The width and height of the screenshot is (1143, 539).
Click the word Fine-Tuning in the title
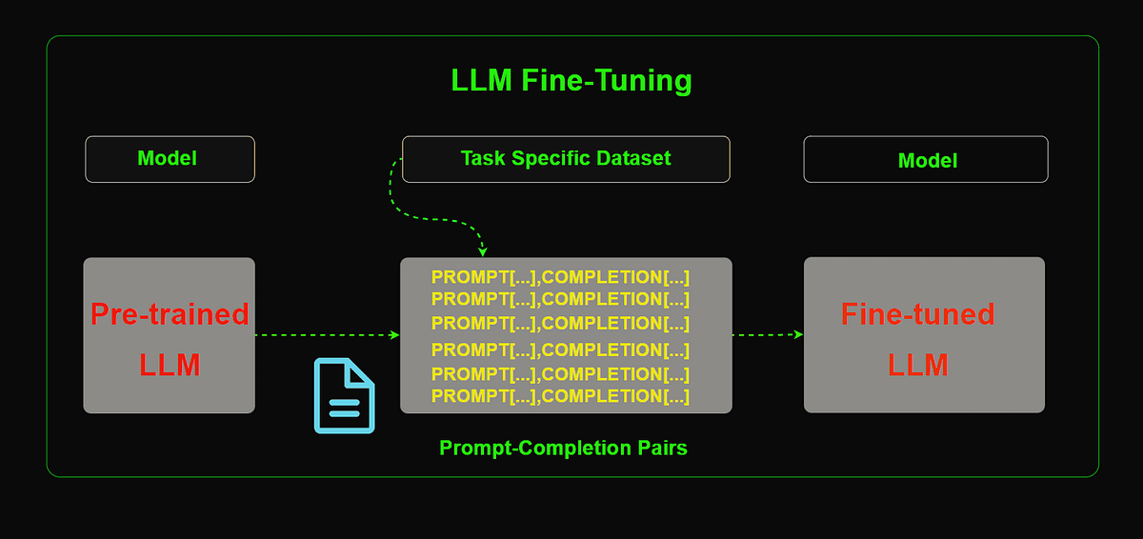pos(607,81)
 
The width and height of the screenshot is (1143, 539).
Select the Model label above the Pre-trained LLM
pos(168,158)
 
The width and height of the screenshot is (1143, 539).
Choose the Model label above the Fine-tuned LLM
pos(928,161)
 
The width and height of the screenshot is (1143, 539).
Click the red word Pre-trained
pos(170,313)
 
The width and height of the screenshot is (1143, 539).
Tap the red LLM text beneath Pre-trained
pos(170,365)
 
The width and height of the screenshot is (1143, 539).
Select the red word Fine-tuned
pos(918,313)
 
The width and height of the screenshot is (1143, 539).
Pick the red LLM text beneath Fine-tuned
pos(918,365)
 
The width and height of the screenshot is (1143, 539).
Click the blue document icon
pos(345,395)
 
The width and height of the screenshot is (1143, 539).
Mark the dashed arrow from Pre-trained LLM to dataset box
pos(327,335)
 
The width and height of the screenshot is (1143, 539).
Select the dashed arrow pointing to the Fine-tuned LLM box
pos(768,335)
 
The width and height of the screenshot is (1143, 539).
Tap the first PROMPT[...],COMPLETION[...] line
pos(560,277)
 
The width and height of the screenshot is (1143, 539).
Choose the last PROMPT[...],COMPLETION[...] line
pos(560,396)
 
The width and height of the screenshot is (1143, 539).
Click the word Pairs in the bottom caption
pos(662,448)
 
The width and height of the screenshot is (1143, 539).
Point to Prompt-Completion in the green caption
pos(535,448)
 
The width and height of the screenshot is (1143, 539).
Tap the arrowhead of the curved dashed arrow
pos(483,251)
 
